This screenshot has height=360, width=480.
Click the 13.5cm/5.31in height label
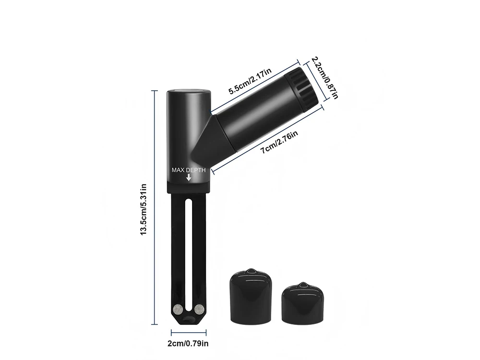pyautogui.click(x=144, y=209)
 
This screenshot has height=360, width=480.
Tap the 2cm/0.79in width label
pyautogui.click(x=188, y=344)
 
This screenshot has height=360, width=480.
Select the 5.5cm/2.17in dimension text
pyautogui.click(x=250, y=81)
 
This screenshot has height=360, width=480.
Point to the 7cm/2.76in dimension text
pyautogui.click(x=279, y=143)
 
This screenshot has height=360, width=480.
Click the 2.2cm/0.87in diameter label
pyautogui.click(x=325, y=78)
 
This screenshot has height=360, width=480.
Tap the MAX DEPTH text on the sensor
pyautogui.click(x=189, y=170)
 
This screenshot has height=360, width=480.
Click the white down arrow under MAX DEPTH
pyautogui.click(x=189, y=177)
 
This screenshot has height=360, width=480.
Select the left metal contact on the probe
pyautogui.click(x=177, y=310)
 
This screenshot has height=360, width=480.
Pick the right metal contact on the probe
pyautogui.click(x=199, y=310)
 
